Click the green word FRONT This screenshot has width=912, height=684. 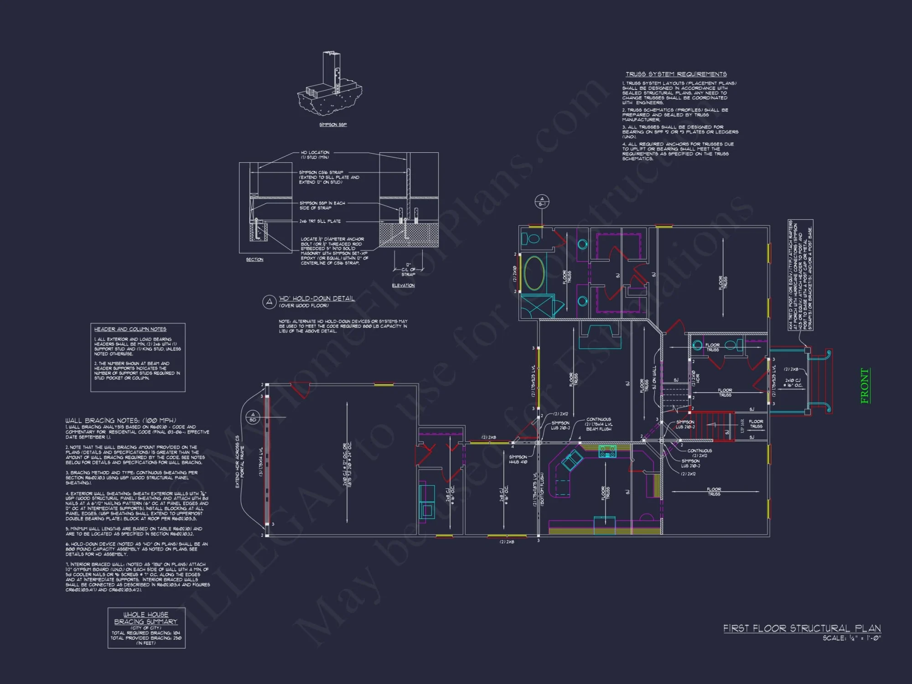pos(865,386)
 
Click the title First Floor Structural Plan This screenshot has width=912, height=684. pos(802,628)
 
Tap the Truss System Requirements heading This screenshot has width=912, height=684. pos(676,74)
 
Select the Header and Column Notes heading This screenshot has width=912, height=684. pos(130,329)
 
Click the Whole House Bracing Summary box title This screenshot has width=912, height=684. pos(146,618)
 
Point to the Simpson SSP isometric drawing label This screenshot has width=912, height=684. pos(333,124)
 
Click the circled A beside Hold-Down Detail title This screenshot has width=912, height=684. pos(269,301)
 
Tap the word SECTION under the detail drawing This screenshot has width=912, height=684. pos(254,259)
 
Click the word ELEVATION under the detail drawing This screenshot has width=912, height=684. pos(403,285)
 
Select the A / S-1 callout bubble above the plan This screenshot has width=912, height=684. pos(542,201)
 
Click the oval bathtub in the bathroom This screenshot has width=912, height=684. pos(534,273)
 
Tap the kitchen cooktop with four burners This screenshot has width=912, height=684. pos(607,452)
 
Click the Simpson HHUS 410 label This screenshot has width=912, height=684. pos(518,459)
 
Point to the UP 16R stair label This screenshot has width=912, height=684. pos(742,426)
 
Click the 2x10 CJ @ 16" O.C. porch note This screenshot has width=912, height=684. pos(793,383)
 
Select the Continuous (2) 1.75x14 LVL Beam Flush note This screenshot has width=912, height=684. pos(598,424)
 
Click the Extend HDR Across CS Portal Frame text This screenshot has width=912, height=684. pos(240,461)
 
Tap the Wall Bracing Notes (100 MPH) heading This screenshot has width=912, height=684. pos(120,420)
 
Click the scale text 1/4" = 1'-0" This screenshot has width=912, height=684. pos(852,638)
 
